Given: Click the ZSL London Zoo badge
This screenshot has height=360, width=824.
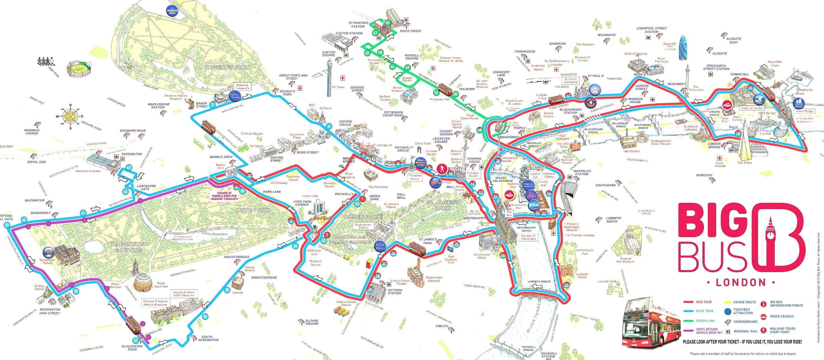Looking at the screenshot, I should pyautogui.click(x=172, y=11).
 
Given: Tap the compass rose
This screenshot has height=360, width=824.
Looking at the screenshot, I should pyautogui.click(x=70, y=116).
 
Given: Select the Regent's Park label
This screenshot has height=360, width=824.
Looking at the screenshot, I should pyautogui.click(x=228, y=67).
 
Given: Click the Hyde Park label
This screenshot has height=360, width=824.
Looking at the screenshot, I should pyautogui.click(x=253, y=210).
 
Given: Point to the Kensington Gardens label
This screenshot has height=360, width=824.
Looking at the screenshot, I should pyautogui.click(x=129, y=247).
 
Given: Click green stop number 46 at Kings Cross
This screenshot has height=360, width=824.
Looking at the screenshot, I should pyautogui.click(x=388, y=23).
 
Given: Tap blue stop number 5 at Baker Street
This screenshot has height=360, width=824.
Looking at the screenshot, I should pyautogui.click(x=212, y=105).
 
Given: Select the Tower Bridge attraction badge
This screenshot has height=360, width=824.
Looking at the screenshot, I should pyautogui.click(x=799, y=104).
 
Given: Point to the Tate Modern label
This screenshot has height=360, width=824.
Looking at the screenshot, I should pyautogui.click(x=632, y=151).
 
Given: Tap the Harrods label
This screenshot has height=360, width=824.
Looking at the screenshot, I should pyautogui.click(x=238, y=292).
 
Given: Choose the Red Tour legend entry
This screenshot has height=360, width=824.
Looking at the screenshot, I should pyautogui.click(x=704, y=302).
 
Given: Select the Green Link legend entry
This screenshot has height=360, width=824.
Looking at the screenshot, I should pyautogui.click(x=705, y=321).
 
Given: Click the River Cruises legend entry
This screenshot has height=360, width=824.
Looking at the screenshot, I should pyautogui.click(x=782, y=316).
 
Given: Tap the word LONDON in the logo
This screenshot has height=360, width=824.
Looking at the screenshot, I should pyautogui.click(x=740, y=282).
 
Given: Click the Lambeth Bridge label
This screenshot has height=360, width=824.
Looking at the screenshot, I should pyautogui.click(x=539, y=282).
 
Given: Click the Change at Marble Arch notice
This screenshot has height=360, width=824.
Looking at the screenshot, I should pyautogui.click(x=224, y=196).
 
